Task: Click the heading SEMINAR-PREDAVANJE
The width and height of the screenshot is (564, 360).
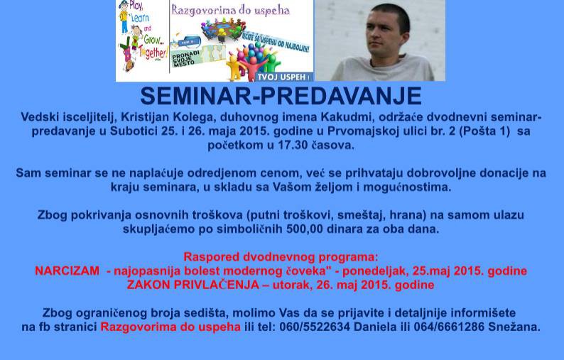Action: click(x=281, y=96)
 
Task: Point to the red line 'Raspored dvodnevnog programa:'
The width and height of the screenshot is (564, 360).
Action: click(x=281, y=256)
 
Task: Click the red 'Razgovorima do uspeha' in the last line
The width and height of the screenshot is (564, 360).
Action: click(x=170, y=327)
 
